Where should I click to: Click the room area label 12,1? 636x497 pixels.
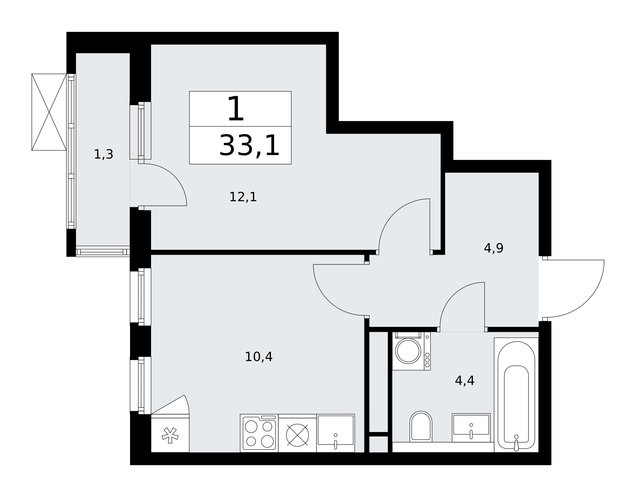(x=243, y=197)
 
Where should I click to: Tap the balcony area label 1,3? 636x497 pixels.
(x=104, y=154)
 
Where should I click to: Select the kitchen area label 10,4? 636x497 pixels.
(x=259, y=357)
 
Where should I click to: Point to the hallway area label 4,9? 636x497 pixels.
(x=494, y=248)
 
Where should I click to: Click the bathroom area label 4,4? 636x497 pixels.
(x=465, y=381)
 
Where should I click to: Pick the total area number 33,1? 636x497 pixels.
(x=249, y=146)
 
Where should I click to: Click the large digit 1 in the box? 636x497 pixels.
(x=236, y=109)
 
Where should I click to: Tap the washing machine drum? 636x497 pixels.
(x=408, y=351)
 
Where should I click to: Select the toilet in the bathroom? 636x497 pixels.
(x=421, y=427)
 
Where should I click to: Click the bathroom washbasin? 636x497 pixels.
(x=471, y=428)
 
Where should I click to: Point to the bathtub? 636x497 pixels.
(x=516, y=395)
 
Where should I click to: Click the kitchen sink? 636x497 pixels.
(x=335, y=433)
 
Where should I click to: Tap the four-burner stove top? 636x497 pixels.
(x=259, y=433)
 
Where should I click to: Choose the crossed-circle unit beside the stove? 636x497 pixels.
(x=297, y=435)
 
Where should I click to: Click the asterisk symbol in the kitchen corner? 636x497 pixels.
(x=170, y=435)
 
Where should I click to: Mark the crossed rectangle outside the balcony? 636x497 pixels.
(x=49, y=112)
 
